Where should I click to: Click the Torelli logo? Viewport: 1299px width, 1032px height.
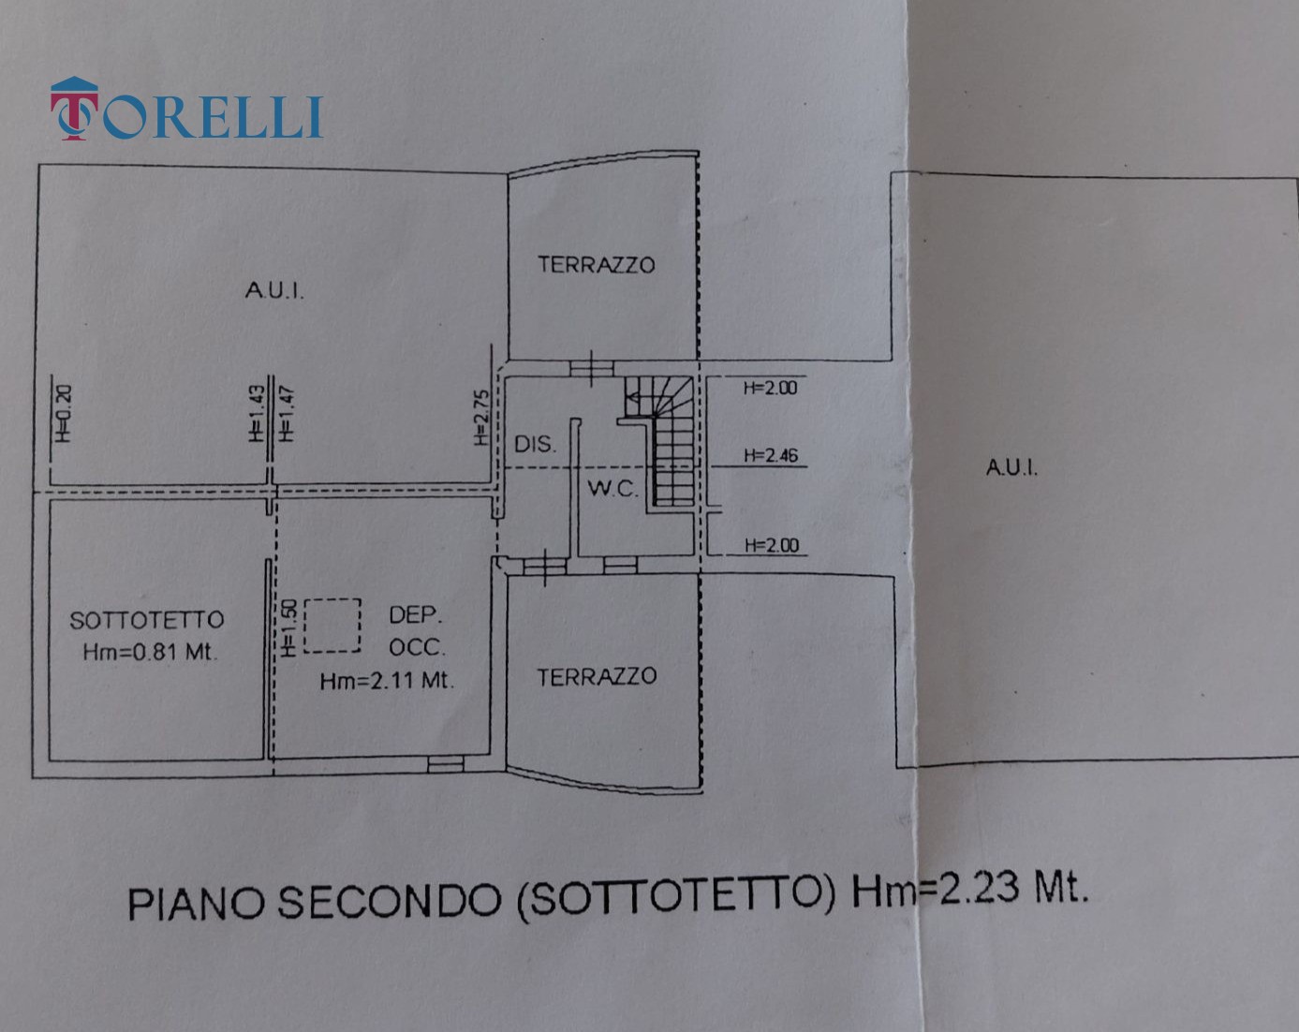(186, 110)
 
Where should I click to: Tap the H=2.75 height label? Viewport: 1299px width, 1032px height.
(481, 418)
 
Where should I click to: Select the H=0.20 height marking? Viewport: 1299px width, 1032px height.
(63, 413)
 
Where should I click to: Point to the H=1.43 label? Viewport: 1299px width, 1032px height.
(257, 413)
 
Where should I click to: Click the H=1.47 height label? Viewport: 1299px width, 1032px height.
(287, 413)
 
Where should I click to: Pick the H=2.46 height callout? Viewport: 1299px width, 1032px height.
(771, 455)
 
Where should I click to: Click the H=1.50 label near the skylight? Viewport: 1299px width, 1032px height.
(288, 627)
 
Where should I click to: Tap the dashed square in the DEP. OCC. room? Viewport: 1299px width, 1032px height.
(332, 626)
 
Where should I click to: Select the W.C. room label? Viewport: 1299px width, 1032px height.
(613, 488)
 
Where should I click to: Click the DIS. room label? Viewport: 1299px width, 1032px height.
(535, 445)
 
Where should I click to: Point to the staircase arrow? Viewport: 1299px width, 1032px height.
(633, 397)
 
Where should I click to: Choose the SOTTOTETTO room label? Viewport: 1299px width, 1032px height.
(147, 620)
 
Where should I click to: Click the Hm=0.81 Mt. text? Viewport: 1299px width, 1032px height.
(150, 652)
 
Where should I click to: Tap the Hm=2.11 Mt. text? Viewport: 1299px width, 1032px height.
(386, 681)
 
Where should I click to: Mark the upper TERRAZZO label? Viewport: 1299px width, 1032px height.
(597, 265)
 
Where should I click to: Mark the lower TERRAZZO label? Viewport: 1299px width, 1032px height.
(597, 677)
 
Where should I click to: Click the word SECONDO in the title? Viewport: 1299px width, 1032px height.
(390, 902)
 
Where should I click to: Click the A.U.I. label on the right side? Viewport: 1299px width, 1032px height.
(1011, 467)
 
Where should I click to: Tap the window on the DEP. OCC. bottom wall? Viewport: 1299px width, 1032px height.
(446, 764)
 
